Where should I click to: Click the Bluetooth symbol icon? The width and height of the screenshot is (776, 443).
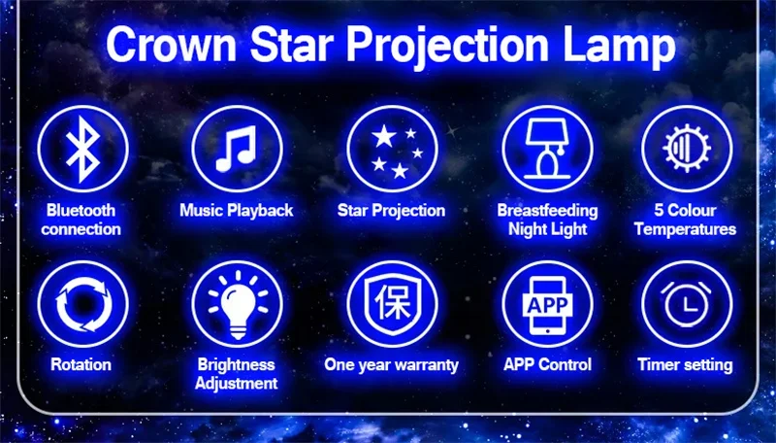[82, 149]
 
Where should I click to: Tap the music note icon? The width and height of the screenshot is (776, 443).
[237, 149]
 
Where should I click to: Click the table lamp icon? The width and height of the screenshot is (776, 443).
[547, 149]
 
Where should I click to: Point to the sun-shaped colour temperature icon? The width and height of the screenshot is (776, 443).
[687, 149]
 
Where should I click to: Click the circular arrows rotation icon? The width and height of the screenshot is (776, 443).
[82, 304]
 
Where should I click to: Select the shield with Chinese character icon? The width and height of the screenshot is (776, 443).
[393, 304]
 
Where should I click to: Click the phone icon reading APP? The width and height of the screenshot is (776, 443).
[547, 304]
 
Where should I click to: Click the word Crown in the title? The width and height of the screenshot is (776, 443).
[172, 45]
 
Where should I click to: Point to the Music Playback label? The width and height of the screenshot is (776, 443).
[237, 210]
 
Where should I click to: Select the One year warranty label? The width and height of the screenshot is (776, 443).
[392, 364]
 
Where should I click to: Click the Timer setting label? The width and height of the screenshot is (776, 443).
[685, 364]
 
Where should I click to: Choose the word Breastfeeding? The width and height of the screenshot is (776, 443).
[547, 210]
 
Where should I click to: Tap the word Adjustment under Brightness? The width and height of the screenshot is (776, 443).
[236, 383]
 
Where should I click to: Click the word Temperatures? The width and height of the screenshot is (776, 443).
[685, 229]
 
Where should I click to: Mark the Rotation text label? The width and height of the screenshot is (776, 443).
[81, 364]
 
